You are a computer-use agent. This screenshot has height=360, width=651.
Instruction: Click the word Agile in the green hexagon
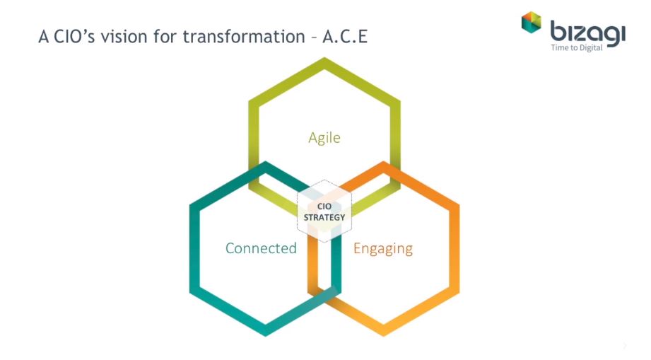click(324, 137)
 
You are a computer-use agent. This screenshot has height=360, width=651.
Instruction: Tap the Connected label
click(261, 248)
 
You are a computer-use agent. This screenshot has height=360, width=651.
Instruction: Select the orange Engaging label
click(383, 249)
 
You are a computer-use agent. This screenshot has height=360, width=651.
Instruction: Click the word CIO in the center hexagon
click(324, 207)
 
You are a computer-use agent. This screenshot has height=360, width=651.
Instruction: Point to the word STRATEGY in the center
click(324, 217)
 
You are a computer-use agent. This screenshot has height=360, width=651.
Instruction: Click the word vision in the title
click(124, 37)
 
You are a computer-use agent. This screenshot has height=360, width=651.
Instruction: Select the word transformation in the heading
click(244, 37)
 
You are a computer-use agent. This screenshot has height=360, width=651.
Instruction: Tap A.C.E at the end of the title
click(345, 37)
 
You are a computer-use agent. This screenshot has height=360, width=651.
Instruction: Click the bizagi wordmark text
click(588, 33)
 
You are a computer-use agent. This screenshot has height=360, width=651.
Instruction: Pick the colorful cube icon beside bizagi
click(532, 22)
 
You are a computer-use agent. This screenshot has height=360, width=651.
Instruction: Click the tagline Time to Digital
click(577, 48)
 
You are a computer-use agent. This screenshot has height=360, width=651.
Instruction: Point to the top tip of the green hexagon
click(324, 58)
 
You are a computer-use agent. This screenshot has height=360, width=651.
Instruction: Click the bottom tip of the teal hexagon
click(265, 335)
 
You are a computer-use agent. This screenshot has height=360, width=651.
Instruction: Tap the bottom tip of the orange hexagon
click(383, 335)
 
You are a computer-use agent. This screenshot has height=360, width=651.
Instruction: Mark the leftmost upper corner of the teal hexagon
click(191, 205)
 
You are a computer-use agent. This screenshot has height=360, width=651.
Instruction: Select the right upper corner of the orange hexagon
click(458, 205)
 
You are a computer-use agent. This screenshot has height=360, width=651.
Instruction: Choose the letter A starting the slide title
click(44, 37)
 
